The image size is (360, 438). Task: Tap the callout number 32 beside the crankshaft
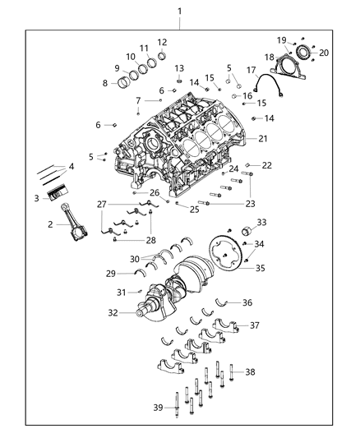[113, 312]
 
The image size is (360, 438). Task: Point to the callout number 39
[158, 407]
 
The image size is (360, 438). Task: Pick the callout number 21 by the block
[263, 139]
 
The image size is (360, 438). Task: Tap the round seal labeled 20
[302, 54]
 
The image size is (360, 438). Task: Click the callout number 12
[162, 42]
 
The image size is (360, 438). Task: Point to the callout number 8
[105, 83]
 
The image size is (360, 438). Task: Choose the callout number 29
[110, 273]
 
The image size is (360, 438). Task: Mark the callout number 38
[250, 372]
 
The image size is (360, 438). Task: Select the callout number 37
[255, 325]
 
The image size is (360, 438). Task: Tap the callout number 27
[102, 204]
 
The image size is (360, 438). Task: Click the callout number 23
[250, 203]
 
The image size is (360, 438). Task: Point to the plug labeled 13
[179, 81]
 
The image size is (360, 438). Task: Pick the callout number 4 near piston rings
[72, 167]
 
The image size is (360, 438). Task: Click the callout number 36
[247, 302]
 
